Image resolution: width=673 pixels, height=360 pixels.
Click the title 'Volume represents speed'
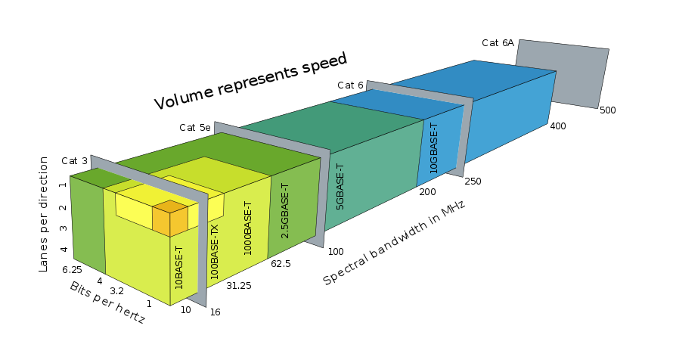(250, 81)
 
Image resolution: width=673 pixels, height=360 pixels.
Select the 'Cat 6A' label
(498, 43)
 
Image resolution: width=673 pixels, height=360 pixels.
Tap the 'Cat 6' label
(350, 85)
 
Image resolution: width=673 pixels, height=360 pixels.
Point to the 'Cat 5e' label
(194, 128)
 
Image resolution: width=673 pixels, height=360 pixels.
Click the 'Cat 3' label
(74, 160)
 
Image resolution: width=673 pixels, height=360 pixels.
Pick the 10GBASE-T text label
(434, 148)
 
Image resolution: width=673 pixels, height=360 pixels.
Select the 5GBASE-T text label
(340, 187)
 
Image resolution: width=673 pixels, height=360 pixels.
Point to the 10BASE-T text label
(179, 268)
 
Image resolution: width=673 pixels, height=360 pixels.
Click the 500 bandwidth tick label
(607, 110)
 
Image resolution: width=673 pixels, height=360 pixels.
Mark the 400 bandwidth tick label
(558, 126)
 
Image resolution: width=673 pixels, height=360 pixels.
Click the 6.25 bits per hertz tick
(72, 269)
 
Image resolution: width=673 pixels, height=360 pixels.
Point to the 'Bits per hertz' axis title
(107, 303)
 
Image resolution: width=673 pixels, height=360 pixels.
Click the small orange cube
(170, 219)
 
